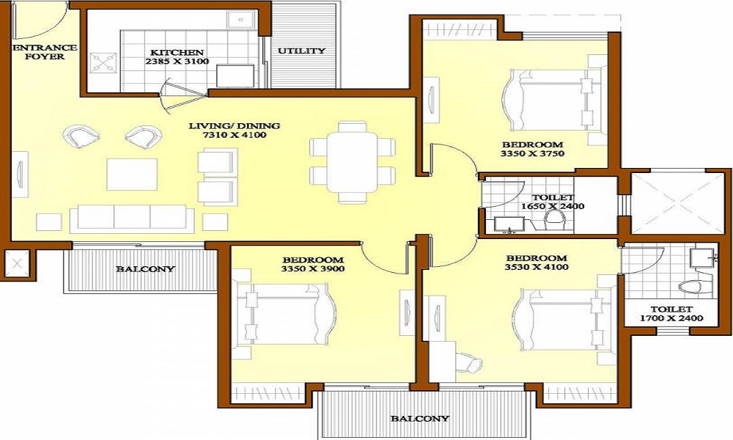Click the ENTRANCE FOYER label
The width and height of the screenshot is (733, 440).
[35, 51]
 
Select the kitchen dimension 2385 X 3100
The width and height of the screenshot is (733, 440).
[177, 62]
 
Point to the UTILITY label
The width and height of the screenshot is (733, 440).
[301, 51]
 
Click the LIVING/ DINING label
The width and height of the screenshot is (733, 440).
[234, 125]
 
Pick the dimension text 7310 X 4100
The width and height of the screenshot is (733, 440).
[235, 136]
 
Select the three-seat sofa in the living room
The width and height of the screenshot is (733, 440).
[132, 217]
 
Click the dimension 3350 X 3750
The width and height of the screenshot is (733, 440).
[532, 155]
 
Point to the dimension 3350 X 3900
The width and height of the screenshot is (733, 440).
[313, 269]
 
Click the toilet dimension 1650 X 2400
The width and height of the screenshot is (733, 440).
[553, 207]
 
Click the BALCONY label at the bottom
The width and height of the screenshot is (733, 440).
[419, 419]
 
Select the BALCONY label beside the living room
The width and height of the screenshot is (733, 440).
[145, 268]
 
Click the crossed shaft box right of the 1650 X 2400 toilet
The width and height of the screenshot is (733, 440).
[675, 203]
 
